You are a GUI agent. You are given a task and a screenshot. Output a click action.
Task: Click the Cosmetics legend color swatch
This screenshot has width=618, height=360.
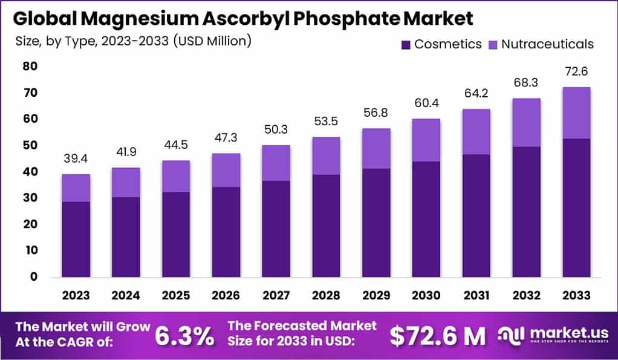coord(405,44)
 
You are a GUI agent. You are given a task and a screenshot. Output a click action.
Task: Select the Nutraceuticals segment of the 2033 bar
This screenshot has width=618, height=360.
coord(576,113)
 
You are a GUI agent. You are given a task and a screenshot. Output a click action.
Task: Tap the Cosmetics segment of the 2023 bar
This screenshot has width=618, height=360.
coord(76,239)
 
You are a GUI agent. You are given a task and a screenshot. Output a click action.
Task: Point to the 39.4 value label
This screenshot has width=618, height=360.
coord(76,159)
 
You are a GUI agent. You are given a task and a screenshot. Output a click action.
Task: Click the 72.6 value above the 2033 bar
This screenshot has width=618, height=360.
coord(576,71)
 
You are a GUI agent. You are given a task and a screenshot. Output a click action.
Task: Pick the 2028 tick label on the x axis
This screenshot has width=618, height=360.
coord(326,295)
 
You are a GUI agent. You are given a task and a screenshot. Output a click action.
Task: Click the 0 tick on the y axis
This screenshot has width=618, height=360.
coord(34,277)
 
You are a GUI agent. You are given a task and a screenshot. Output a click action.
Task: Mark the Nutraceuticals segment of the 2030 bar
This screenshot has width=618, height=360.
coord(426,140)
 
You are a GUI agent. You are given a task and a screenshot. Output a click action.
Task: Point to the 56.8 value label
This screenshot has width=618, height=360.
coord(376,113)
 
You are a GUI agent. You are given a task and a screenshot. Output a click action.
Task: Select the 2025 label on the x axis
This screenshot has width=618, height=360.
coord(176,295)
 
